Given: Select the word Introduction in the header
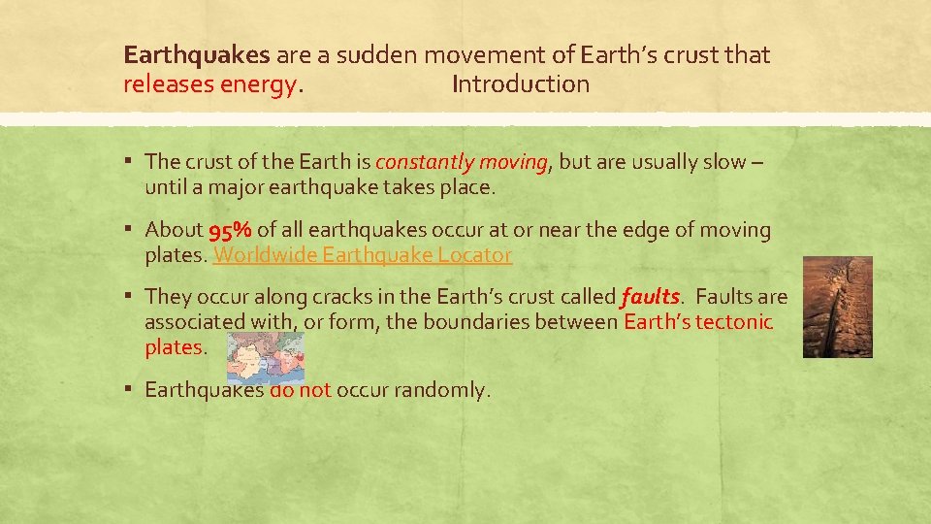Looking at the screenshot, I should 521,84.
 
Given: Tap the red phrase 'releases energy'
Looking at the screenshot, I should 210,84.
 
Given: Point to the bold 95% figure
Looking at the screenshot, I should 230,231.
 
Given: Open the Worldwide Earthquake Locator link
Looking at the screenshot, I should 363,255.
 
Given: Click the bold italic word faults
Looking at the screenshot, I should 650,296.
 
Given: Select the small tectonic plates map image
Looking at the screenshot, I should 265,358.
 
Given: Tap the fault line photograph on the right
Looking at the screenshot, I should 838,307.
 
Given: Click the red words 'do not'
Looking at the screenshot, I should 301,390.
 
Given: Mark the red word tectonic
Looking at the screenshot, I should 734,321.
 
